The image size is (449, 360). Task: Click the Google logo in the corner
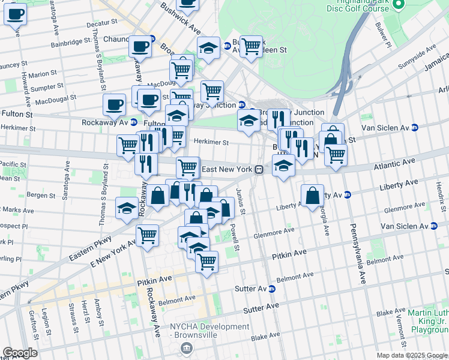tap(20, 353)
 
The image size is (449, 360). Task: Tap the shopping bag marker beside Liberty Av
tap(313, 195)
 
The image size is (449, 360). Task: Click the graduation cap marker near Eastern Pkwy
tap(127, 207)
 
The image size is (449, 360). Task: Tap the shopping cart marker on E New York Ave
tap(147, 235)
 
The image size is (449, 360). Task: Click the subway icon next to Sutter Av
tap(271, 289)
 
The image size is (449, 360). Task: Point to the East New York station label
tap(226, 169)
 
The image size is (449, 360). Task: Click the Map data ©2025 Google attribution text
tap(411, 355)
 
